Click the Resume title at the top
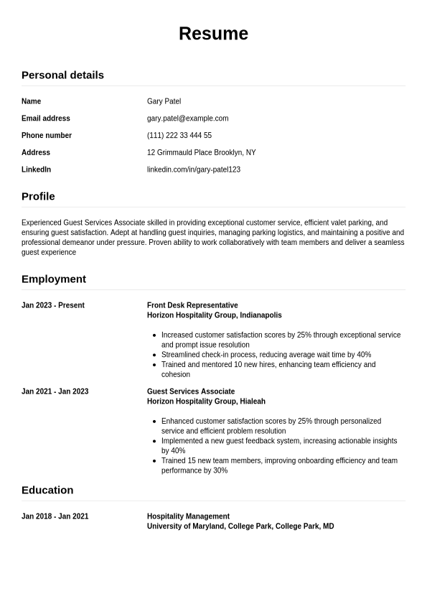213,34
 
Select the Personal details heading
62,75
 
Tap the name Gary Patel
164,101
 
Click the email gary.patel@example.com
187,119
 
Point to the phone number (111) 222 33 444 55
179,136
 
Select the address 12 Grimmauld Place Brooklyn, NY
201,152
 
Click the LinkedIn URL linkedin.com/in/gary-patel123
193,169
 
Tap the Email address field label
46,119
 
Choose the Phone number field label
47,136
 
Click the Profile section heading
38,196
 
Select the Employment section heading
54,279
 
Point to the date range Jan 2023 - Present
53,305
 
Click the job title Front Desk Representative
192,305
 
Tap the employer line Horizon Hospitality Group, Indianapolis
214,315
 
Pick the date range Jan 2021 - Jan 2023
55,391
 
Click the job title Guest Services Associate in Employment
191,391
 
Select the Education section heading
47,490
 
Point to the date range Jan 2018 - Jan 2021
55,516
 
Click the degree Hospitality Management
188,516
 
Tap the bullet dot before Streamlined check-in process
155,355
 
